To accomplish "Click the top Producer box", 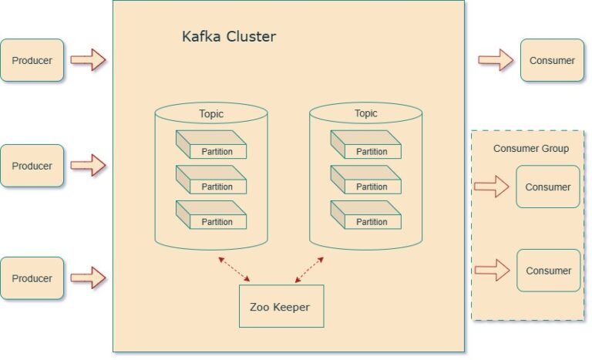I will pos(32,59).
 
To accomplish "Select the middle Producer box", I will pos(32,166).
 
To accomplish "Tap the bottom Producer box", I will pos(32,278).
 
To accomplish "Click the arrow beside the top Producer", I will pos(88,59).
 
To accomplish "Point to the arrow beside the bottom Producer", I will pos(88,278).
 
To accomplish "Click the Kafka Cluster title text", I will pos(228,36).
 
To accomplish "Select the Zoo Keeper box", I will pos(281,307).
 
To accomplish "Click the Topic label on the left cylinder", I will pos(211,114).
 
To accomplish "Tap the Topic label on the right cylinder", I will pos(366,114).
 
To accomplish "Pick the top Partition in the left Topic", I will pos(211,146).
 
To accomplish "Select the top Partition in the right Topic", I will pos(366,146).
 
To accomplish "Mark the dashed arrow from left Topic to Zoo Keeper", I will pos(234,269).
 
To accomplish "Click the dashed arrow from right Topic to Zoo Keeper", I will pos(309,270).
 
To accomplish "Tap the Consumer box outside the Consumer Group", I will pos(552,59).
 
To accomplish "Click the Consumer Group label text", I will pos(531,148).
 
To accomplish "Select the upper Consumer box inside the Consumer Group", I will pos(547,187).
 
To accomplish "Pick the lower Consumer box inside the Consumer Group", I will pos(547,271).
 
